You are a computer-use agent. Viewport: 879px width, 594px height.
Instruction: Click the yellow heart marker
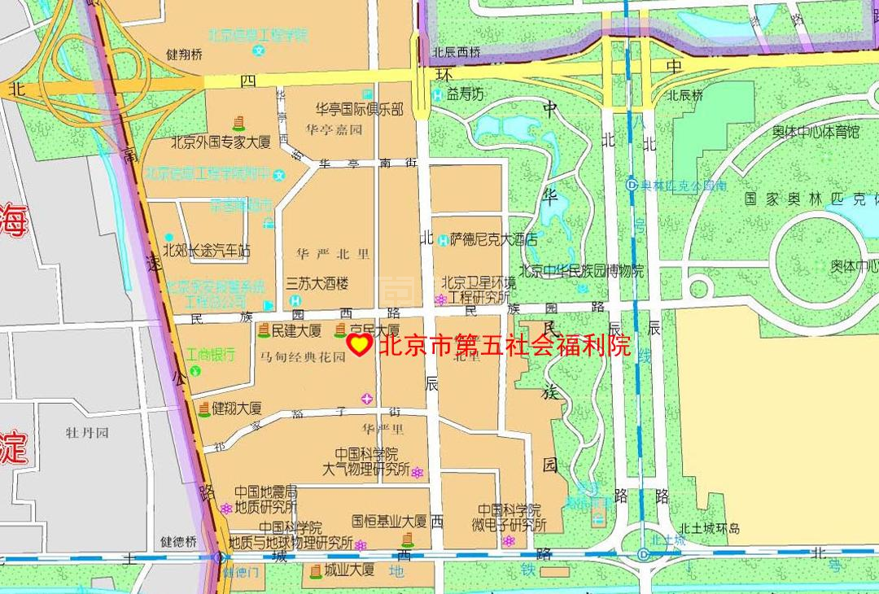359,345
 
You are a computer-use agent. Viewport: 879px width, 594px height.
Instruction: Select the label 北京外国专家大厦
221,142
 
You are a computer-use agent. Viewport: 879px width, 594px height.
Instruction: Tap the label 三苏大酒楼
317,283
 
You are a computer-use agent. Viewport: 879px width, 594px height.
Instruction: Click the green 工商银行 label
210,354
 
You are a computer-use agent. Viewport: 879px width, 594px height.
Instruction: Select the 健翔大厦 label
237,408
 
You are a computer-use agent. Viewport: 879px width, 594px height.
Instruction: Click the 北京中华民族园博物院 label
581,271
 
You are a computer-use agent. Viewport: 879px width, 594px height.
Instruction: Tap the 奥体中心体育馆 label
816,132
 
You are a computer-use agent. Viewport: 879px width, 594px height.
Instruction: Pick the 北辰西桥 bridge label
457,52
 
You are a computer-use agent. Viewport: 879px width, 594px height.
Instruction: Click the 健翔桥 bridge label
184,55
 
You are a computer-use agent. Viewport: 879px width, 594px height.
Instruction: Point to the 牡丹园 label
87,432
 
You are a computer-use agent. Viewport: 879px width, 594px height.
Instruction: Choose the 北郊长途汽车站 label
207,251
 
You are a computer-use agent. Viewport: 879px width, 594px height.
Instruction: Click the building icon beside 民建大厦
264,330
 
